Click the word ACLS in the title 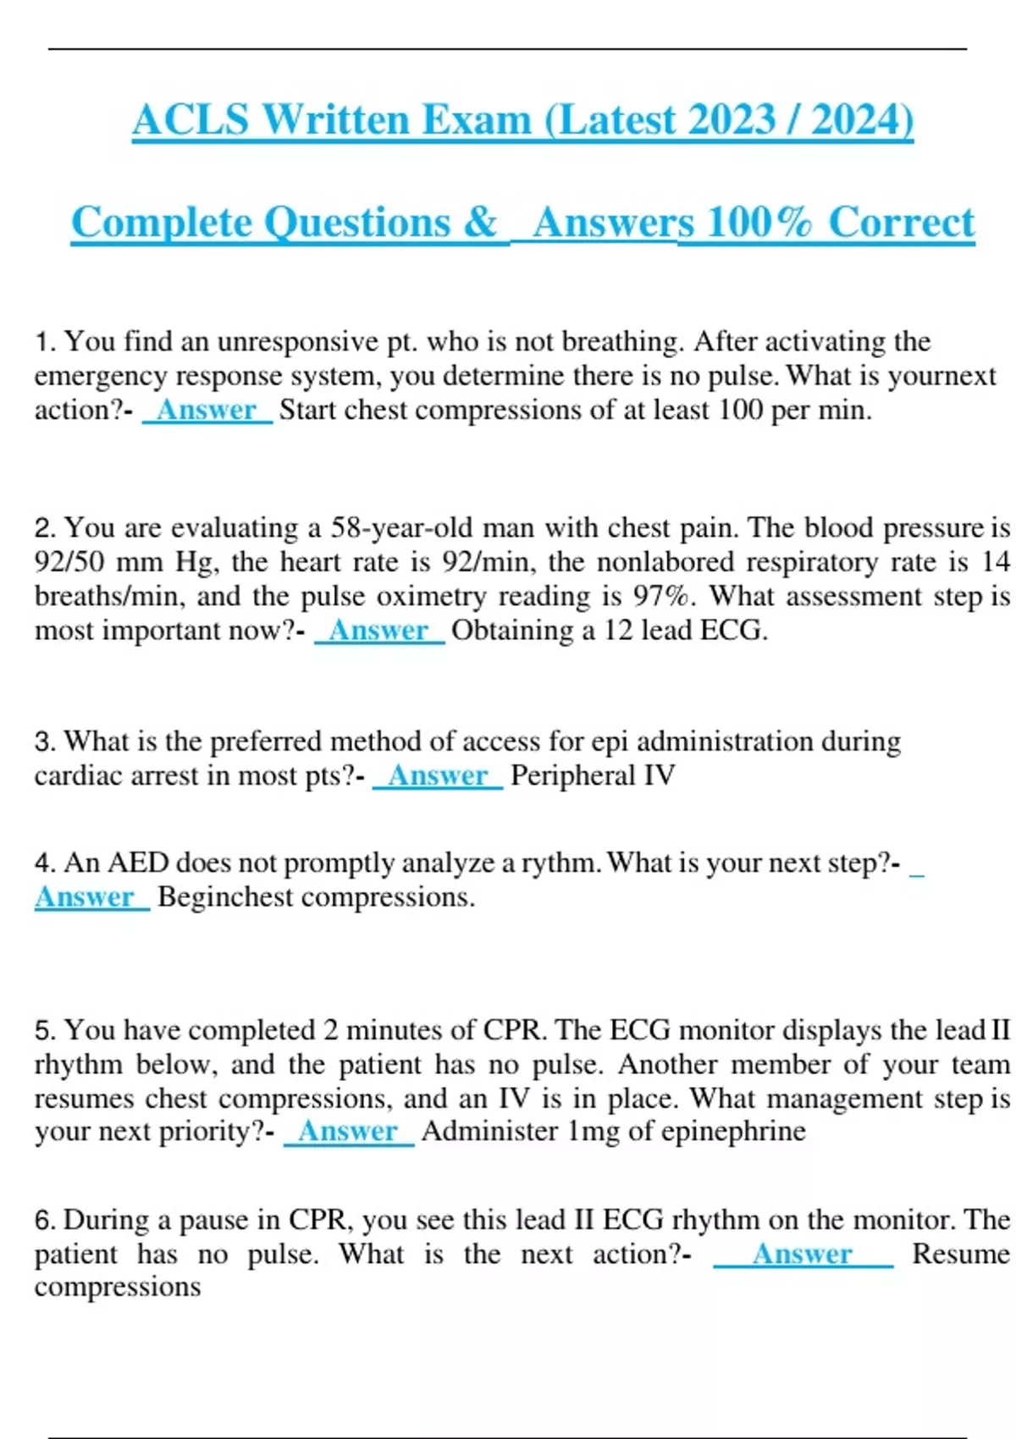point(190,119)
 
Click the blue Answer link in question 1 point(207,411)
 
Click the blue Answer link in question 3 point(438,775)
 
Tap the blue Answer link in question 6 point(802,1254)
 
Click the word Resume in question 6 point(961,1254)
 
